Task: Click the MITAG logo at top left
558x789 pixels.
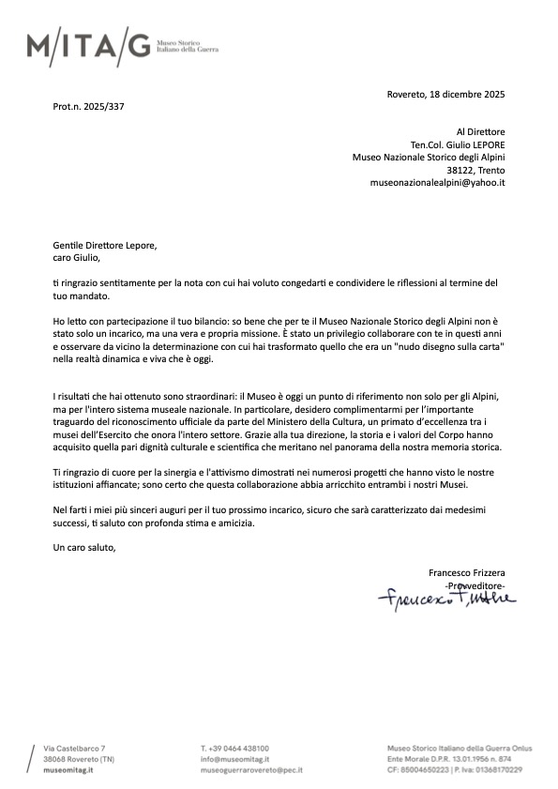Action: pos(87,45)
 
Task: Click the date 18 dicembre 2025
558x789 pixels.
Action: pos(466,94)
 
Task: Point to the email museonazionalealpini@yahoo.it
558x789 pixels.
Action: pos(438,182)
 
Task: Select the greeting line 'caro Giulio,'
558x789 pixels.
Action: pos(75,257)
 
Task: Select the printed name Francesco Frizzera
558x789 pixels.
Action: pos(466,572)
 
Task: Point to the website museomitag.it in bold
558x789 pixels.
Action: pos(68,768)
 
